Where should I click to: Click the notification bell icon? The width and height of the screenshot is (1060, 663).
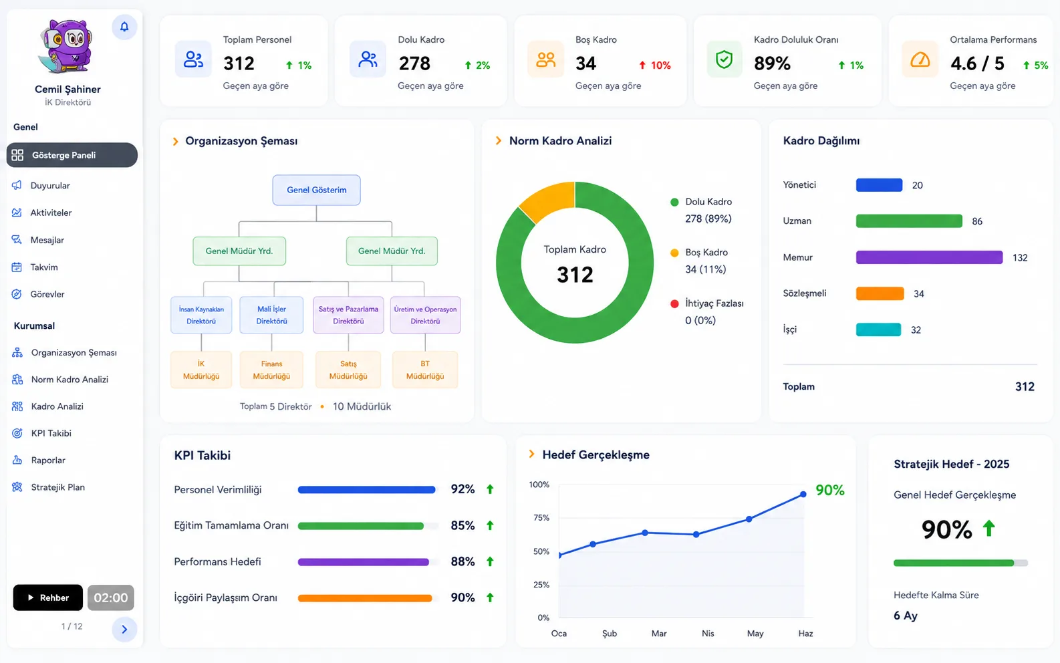[x=124, y=27]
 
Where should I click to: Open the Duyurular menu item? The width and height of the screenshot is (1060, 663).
[x=50, y=186]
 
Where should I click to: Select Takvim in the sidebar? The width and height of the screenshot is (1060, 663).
[x=44, y=267]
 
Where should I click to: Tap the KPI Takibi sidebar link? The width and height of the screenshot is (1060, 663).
[x=51, y=433]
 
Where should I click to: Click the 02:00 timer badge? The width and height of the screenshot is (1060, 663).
[x=111, y=598]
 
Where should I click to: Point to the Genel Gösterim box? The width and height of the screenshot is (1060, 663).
[x=317, y=190]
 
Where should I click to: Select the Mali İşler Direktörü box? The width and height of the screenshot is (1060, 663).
[x=271, y=315]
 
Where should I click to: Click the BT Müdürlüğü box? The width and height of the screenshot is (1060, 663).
[x=425, y=370]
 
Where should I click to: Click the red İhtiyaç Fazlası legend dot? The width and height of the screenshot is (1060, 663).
[x=674, y=304]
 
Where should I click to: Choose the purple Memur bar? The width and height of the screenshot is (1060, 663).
[x=930, y=257]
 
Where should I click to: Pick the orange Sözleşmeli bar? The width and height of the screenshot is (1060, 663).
[x=880, y=293]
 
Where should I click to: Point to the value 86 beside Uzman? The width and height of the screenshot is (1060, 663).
[x=977, y=221]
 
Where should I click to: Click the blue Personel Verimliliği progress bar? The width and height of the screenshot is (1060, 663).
[x=367, y=490]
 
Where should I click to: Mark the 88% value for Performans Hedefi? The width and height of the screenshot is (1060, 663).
[x=462, y=561]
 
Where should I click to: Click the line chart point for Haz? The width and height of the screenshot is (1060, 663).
[x=803, y=494]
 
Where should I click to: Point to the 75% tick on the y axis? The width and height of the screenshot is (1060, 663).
[x=541, y=518]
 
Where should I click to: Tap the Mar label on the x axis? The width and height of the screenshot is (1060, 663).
[x=659, y=633]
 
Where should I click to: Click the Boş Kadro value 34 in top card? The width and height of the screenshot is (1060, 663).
[x=586, y=63]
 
